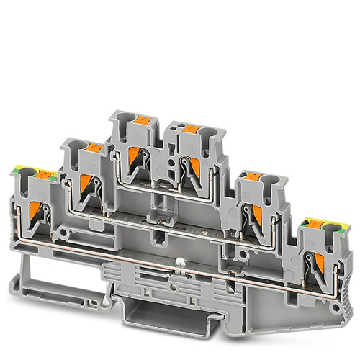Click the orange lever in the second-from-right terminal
click(251, 211)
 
